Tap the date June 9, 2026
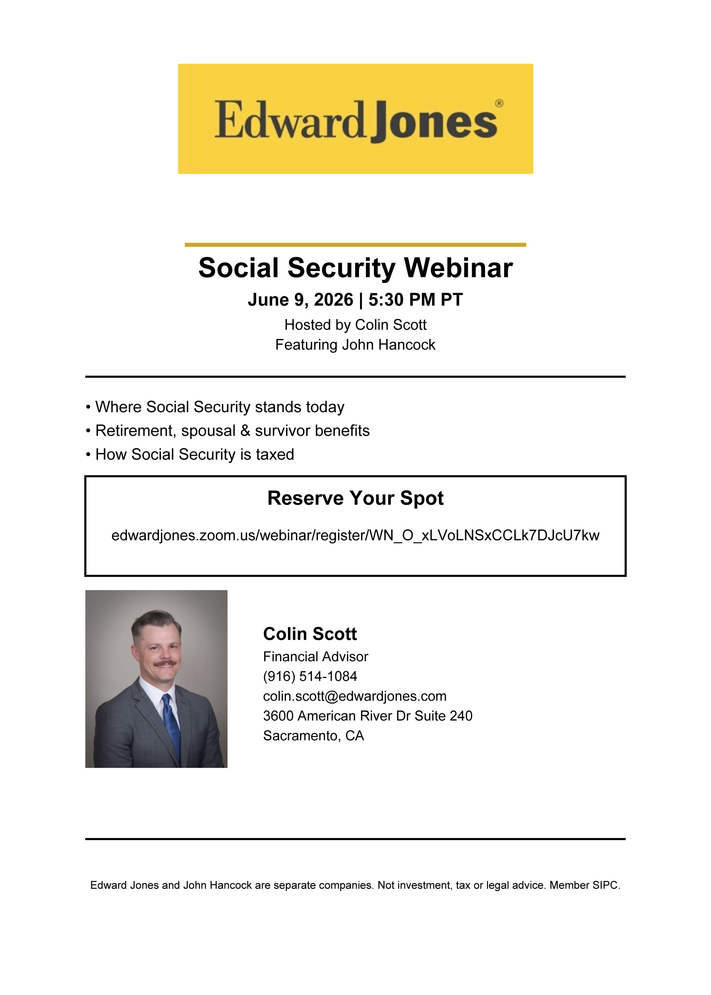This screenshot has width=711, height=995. tap(300, 300)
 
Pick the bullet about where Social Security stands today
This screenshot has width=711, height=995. tap(215, 407)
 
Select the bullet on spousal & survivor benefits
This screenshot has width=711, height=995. tap(228, 431)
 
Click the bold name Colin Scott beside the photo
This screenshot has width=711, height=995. tap(310, 633)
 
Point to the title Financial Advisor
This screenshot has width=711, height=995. tap(316, 656)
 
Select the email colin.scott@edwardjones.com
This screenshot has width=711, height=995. tap(355, 696)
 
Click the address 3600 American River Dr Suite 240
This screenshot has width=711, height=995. tap(368, 715)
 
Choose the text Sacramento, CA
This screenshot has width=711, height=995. tap(314, 736)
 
